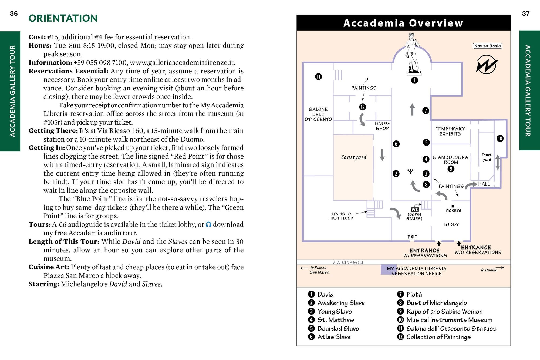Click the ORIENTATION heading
point(63,18)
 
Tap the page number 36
point(14,14)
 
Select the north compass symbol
point(487,65)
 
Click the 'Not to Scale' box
point(487,46)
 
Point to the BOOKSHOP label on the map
point(382,126)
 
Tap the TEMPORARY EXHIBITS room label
point(450,131)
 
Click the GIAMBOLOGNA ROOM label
point(451,160)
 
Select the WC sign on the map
point(415,210)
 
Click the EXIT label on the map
point(412,237)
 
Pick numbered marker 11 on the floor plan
point(319,77)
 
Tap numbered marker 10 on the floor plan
point(500,139)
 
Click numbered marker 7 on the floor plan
point(426,110)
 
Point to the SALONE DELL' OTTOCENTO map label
point(318,114)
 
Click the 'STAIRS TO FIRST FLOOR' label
point(340,216)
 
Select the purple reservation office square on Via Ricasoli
point(385,270)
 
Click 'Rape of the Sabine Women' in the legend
point(444,311)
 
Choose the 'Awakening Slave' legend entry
point(341,303)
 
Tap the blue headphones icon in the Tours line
point(208,224)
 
